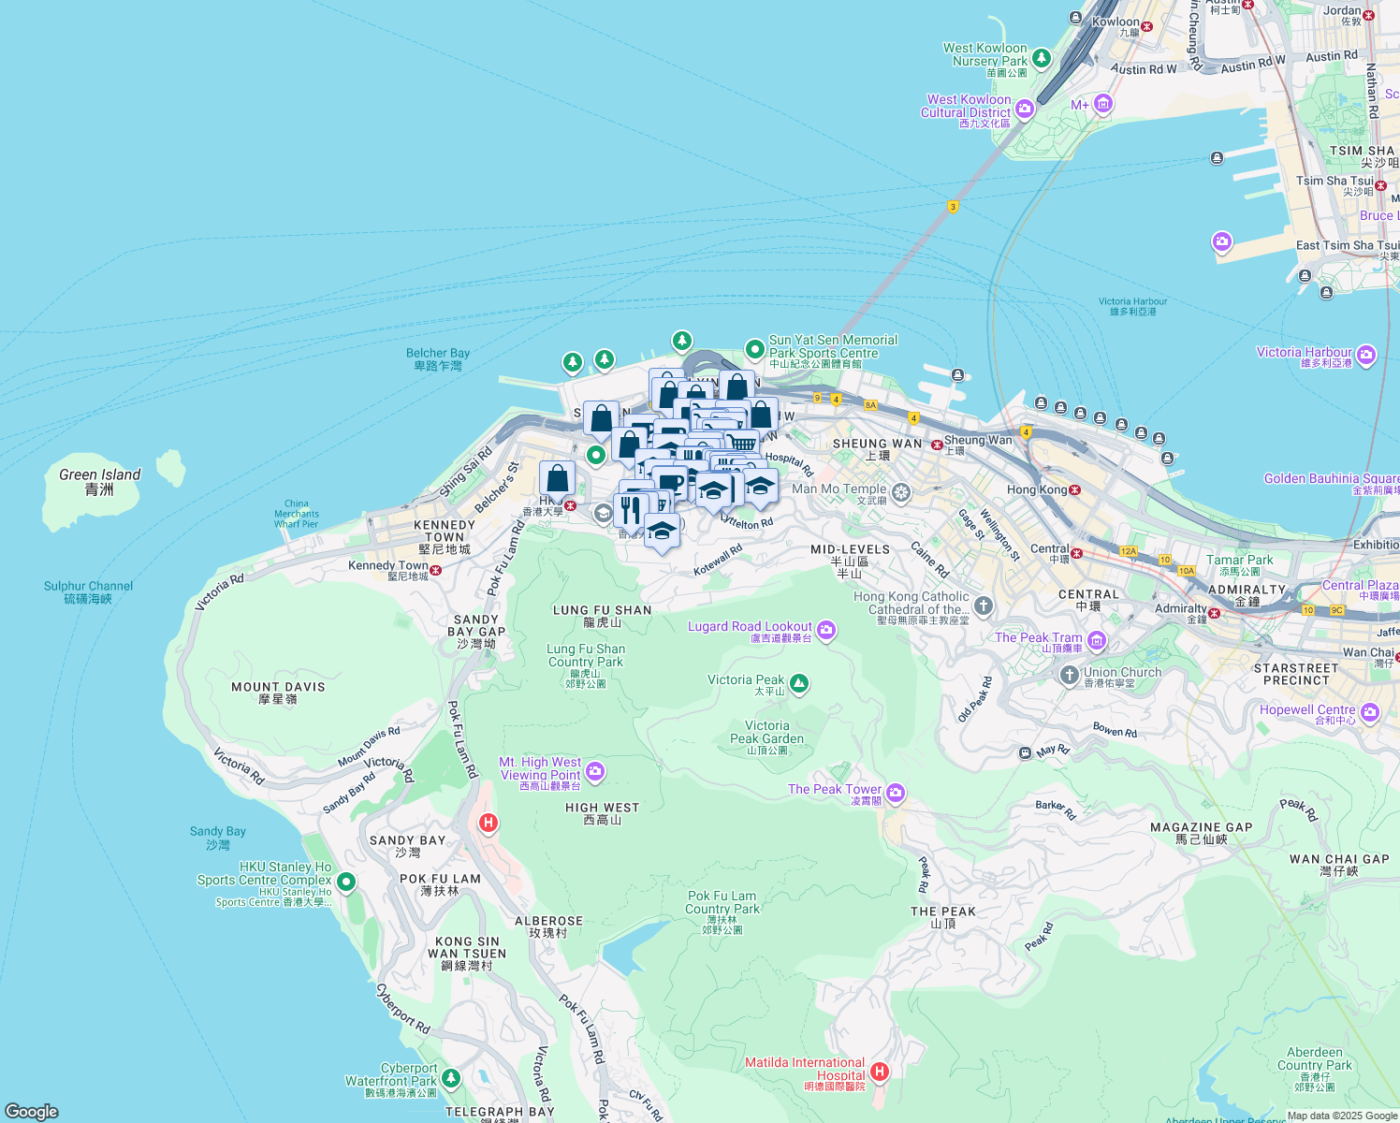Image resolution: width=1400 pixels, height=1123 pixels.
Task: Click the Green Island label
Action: coord(99,481)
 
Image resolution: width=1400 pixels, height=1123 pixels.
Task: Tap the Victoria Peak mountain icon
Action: coord(798,684)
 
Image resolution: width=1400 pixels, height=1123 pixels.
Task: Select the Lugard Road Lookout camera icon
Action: coord(826,631)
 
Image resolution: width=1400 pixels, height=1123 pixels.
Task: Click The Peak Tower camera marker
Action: coord(896,794)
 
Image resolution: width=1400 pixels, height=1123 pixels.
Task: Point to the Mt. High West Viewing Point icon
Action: coord(595,772)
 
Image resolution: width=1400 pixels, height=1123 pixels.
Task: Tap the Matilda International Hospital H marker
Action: coord(879,1072)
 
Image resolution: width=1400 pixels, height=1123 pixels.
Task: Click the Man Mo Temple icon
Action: coord(901,492)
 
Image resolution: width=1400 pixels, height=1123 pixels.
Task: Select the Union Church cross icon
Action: coord(1070,675)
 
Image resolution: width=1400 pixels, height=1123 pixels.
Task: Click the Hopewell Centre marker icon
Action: coord(1370,713)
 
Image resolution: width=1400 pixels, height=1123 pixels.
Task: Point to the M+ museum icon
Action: coord(1103,104)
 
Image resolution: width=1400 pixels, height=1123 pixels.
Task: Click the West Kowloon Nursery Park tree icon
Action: coord(1041,58)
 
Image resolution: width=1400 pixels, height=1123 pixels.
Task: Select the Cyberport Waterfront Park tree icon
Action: coord(451,1078)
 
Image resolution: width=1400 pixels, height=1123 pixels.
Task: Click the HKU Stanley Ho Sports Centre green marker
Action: coord(346,882)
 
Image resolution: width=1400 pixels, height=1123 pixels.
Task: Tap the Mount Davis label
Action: coord(278,693)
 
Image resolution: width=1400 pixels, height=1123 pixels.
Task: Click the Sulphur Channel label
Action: coord(88,591)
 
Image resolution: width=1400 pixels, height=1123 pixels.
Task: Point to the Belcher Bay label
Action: coord(438,358)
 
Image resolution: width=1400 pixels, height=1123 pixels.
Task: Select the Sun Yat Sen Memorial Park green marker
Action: coord(755,349)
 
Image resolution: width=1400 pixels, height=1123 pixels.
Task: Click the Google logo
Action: coord(32,1112)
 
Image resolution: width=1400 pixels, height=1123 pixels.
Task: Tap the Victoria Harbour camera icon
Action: coord(1366,355)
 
